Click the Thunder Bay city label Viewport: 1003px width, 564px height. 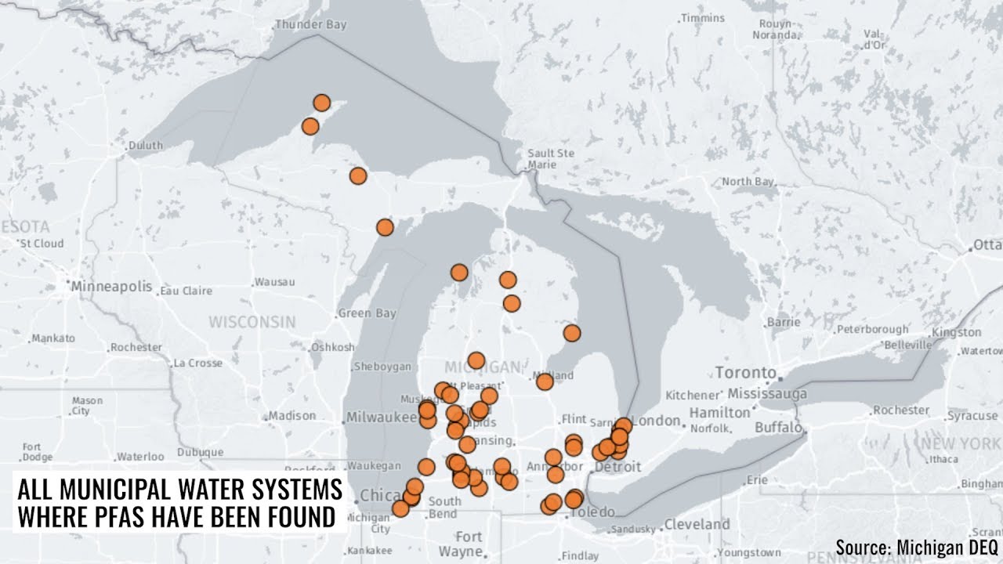(x=310, y=25)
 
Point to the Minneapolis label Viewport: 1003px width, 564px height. (x=111, y=286)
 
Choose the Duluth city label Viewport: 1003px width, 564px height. (x=146, y=145)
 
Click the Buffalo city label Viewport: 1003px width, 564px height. (x=778, y=428)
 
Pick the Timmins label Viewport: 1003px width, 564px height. (x=703, y=18)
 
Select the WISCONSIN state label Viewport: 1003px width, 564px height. (x=252, y=322)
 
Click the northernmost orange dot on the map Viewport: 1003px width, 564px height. (x=321, y=103)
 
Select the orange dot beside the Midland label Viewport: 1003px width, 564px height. (x=545, y=381)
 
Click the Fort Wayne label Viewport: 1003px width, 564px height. (x=469, y=544)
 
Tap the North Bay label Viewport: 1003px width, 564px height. (x=748, y=182)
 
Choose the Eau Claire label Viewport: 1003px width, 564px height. (x=186, y=291)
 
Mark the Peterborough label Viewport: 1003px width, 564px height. (x=872, y=329)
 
